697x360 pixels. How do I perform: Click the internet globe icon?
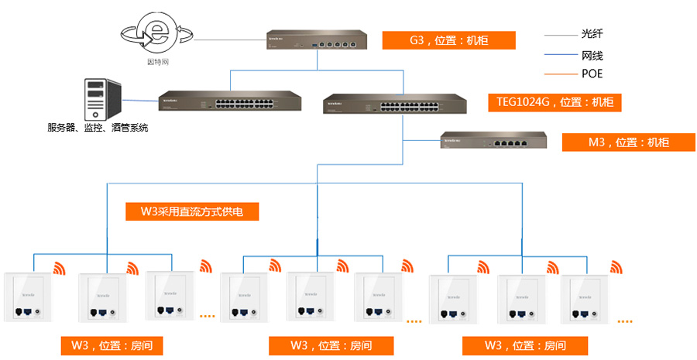[158, 33]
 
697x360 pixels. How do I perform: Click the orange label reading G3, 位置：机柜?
[449, 40]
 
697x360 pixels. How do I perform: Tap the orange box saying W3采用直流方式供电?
[191, 211]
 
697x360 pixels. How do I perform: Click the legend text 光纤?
[592, 34]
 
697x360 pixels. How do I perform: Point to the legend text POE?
[592, 74]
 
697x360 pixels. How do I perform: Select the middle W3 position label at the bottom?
[331, 345]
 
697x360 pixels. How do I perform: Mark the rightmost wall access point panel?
[585, 300]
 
